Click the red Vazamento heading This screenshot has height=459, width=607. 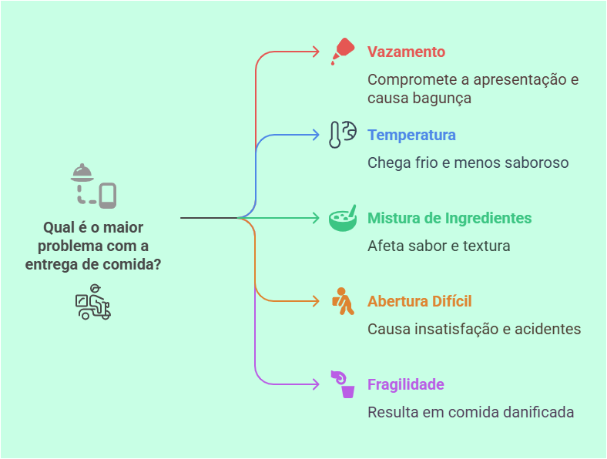point(406,52)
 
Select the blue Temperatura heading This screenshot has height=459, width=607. point(411,136)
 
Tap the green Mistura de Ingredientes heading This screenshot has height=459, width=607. point(449,219)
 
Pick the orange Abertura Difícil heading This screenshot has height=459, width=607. point(419,302)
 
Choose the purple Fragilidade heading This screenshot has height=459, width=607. point(405,385)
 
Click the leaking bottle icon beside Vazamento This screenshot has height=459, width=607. point(341,52)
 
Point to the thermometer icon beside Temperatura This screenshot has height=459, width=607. point(342,135)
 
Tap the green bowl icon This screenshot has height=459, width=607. point(343,218)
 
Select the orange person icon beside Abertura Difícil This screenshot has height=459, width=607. point(343,301)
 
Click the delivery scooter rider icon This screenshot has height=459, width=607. point(93,302)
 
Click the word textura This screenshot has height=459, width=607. point(485,246)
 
